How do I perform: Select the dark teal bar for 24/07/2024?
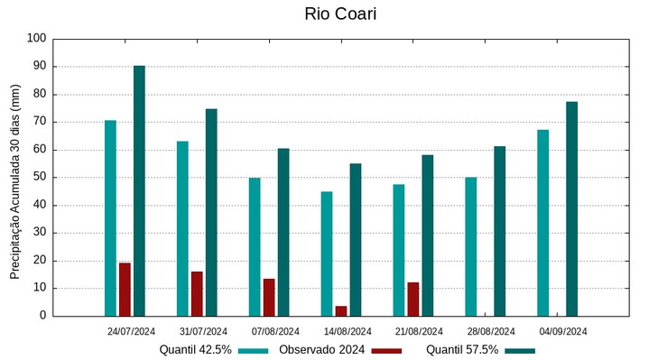tap(139, 190)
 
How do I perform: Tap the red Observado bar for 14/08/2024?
tap(341, 311)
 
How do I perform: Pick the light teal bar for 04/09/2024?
tap(543, 223)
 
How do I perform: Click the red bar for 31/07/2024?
tap(197, 293)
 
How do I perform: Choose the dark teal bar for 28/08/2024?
tap(500, 231)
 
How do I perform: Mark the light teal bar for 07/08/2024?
tap(255, 246)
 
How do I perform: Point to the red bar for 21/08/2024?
tap(413, 299)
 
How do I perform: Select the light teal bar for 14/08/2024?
tap(327, 254)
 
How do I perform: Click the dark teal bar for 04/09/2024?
tap(572, 208)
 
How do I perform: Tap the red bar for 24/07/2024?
tap(125, 289)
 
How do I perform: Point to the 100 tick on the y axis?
tap(37, 39)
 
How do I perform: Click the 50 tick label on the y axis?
tap(40, 178)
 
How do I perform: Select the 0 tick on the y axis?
tap(42, 316)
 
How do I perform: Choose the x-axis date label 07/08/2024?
tap(275, 331)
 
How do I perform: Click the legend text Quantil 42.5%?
tap(196, 349)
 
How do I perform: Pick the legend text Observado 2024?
tap(322, 349)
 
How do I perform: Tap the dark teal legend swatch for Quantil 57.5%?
tap(520, 350)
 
